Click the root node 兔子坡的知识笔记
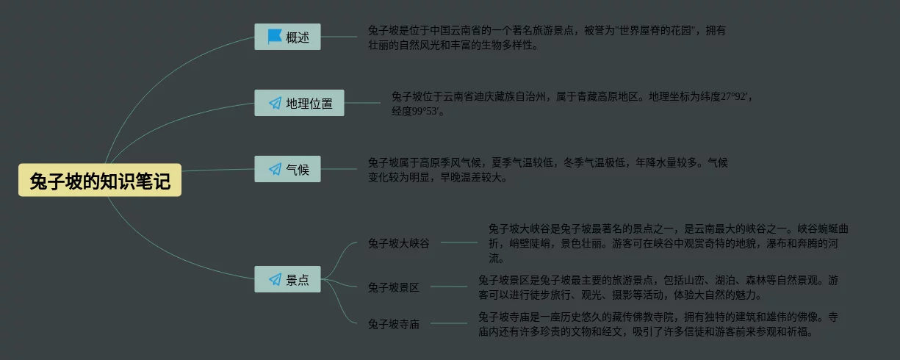coord(100,181)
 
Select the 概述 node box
coord(288,37)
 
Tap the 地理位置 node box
coord(299,104)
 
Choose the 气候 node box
coord(288,170)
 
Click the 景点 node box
coord(288,279)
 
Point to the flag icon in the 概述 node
coord(275,37)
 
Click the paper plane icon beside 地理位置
coord(275,104)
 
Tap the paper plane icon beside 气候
coord(275,170)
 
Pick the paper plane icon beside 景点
coord(275,279)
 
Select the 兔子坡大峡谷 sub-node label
coord(398,243)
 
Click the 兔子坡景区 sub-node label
coord(393,287)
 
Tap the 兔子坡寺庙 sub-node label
coord(393,324)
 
